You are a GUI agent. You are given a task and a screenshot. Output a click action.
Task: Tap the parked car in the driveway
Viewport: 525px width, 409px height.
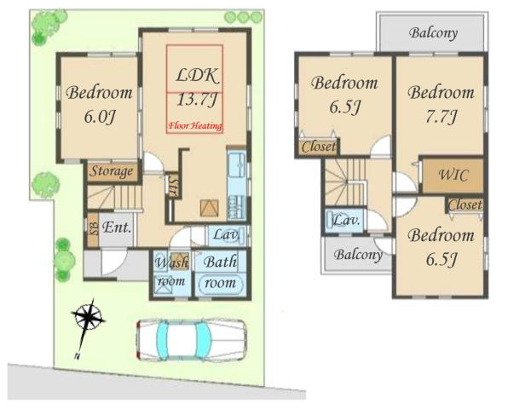coord(191,340)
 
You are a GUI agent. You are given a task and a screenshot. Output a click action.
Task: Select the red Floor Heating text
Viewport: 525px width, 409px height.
coord(195,126)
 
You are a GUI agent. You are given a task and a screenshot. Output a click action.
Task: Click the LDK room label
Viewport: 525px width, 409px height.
coord(197,76)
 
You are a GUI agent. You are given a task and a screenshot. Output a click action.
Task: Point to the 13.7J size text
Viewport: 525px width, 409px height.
coord(197,100)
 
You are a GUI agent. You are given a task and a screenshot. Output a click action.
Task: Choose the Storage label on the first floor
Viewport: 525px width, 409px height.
coord(112,171)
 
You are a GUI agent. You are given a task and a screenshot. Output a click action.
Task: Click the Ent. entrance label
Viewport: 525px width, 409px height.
coord(117,228)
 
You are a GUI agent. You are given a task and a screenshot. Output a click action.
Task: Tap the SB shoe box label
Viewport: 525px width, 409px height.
coord(94,229)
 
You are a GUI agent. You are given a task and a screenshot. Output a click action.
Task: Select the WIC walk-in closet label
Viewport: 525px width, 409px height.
coord(453,175)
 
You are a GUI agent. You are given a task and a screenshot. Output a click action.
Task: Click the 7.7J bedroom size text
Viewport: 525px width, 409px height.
coord(441,117)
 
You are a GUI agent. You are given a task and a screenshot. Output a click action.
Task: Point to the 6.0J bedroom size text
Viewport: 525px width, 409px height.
coord(100,117)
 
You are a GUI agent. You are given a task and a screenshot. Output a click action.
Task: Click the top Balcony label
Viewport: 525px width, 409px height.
coord(433,33)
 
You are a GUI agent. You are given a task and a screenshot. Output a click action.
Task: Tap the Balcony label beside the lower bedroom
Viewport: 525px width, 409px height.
coord(358,255)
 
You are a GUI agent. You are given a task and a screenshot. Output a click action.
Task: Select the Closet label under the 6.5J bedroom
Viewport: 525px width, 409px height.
coord(319,147)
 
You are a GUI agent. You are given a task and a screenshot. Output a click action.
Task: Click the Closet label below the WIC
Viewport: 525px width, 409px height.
coord(465,204)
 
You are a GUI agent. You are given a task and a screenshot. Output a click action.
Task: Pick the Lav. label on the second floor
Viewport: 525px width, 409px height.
coord(346,220)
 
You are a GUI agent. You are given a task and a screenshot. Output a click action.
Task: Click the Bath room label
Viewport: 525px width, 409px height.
coord(220,272)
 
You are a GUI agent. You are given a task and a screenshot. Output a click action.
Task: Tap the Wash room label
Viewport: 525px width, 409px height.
coord(171,272)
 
